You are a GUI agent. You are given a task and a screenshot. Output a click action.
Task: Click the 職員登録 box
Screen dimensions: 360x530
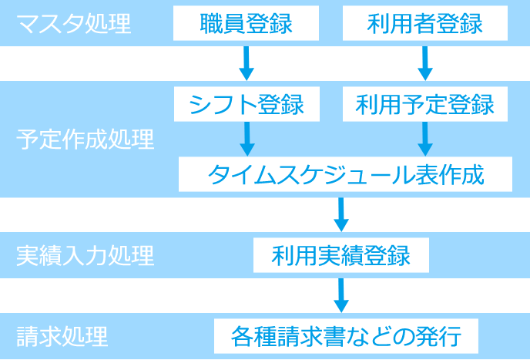point(245,24)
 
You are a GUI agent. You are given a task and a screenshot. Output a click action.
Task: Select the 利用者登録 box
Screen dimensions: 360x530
point(424,24)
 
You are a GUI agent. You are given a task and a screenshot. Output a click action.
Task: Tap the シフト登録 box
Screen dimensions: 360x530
point(245,103)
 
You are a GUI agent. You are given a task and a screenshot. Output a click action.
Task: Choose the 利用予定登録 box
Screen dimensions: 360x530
point(424,103)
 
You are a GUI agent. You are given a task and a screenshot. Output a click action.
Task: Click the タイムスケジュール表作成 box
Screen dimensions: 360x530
point(345,175)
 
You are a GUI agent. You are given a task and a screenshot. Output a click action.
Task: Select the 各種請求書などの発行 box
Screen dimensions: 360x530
point(346,337)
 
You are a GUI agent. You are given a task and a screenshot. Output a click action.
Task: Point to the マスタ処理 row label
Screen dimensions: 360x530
point(74,24)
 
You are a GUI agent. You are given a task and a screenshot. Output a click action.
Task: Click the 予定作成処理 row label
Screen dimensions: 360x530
point(85,140)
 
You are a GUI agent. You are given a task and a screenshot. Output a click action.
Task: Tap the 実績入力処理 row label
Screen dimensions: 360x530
point(85,255)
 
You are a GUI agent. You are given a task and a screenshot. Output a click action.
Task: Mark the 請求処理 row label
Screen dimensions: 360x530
point(62,337)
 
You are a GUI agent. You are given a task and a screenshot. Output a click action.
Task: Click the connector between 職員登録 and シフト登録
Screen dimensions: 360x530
point(245,63)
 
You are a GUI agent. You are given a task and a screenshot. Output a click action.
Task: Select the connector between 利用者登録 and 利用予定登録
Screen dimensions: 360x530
point(424,63)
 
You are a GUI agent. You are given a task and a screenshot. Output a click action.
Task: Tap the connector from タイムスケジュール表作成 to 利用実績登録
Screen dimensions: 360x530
point(340,215)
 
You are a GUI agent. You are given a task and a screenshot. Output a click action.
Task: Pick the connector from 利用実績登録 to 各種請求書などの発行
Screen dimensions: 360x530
point(340,296)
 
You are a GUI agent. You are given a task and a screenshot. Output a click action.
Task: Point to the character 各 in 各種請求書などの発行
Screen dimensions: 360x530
point(242,337)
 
